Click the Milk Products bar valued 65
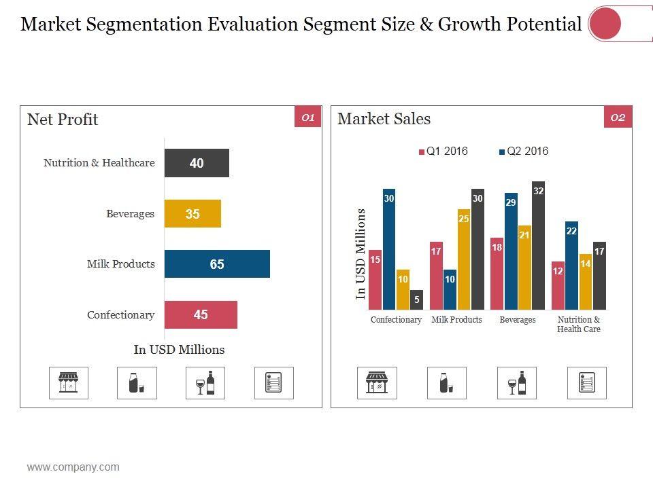(217, 264)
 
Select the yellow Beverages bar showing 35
(192, 214)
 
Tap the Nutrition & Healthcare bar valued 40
(197, 163)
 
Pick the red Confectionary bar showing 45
(201, 314)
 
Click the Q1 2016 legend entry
(443, 151)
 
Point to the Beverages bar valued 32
(538, 245)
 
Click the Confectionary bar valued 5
(416, 300)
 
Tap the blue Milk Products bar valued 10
(450, 289)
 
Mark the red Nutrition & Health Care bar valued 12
(558, 285)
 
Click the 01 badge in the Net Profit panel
(307, 117)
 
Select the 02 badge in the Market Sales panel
(618, 117)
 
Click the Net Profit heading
(63, 120)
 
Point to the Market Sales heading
(384, 119)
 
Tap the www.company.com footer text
(73, 467)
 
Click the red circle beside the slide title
(605, 24)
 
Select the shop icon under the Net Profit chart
(69, 383)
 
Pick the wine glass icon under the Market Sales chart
(517, 383)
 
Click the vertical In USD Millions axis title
(361, 254)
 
